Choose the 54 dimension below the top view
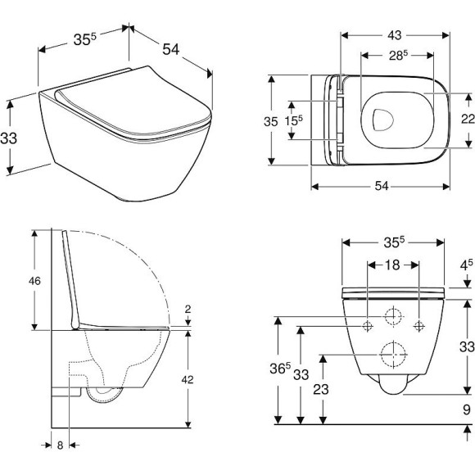click(x=382, y=187)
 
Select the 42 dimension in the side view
click(x=188, y=378)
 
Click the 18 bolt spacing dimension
click(x=394, y=264)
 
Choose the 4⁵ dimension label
click(x=466, y=265)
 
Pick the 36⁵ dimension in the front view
click(x=283, y=368)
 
